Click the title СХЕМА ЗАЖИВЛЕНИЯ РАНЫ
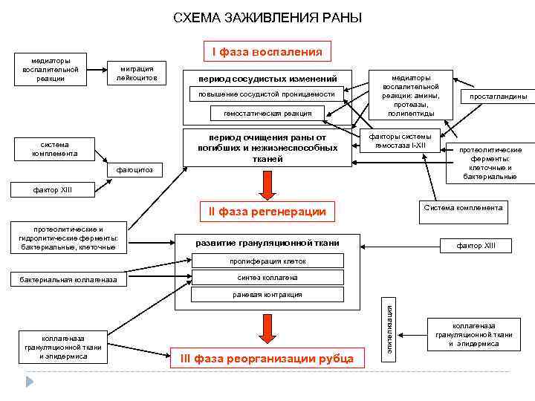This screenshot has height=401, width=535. tap(267, 17)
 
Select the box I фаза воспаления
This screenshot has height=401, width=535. tap(267, 52)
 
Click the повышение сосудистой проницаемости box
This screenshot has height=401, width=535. tap(267, 94)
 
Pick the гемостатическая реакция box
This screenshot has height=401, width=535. tap(267, 113)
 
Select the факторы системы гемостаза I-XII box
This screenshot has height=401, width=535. tap(406, 140)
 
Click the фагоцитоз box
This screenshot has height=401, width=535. tap(134, 170)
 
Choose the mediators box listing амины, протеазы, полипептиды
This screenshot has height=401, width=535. tap(411, 95)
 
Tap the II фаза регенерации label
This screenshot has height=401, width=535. tap(267, 212)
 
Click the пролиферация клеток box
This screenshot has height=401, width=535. tap(267, 261)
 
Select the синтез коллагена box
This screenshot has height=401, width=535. tap(267, 277)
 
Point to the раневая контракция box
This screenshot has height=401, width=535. tap(267, 294)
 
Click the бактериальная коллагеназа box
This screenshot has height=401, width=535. tap(73, 280)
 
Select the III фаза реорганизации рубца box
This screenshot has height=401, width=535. tap(267, 359)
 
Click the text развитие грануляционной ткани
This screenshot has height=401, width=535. tap(267, 243)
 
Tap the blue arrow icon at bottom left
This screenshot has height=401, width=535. tap(30, 381)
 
